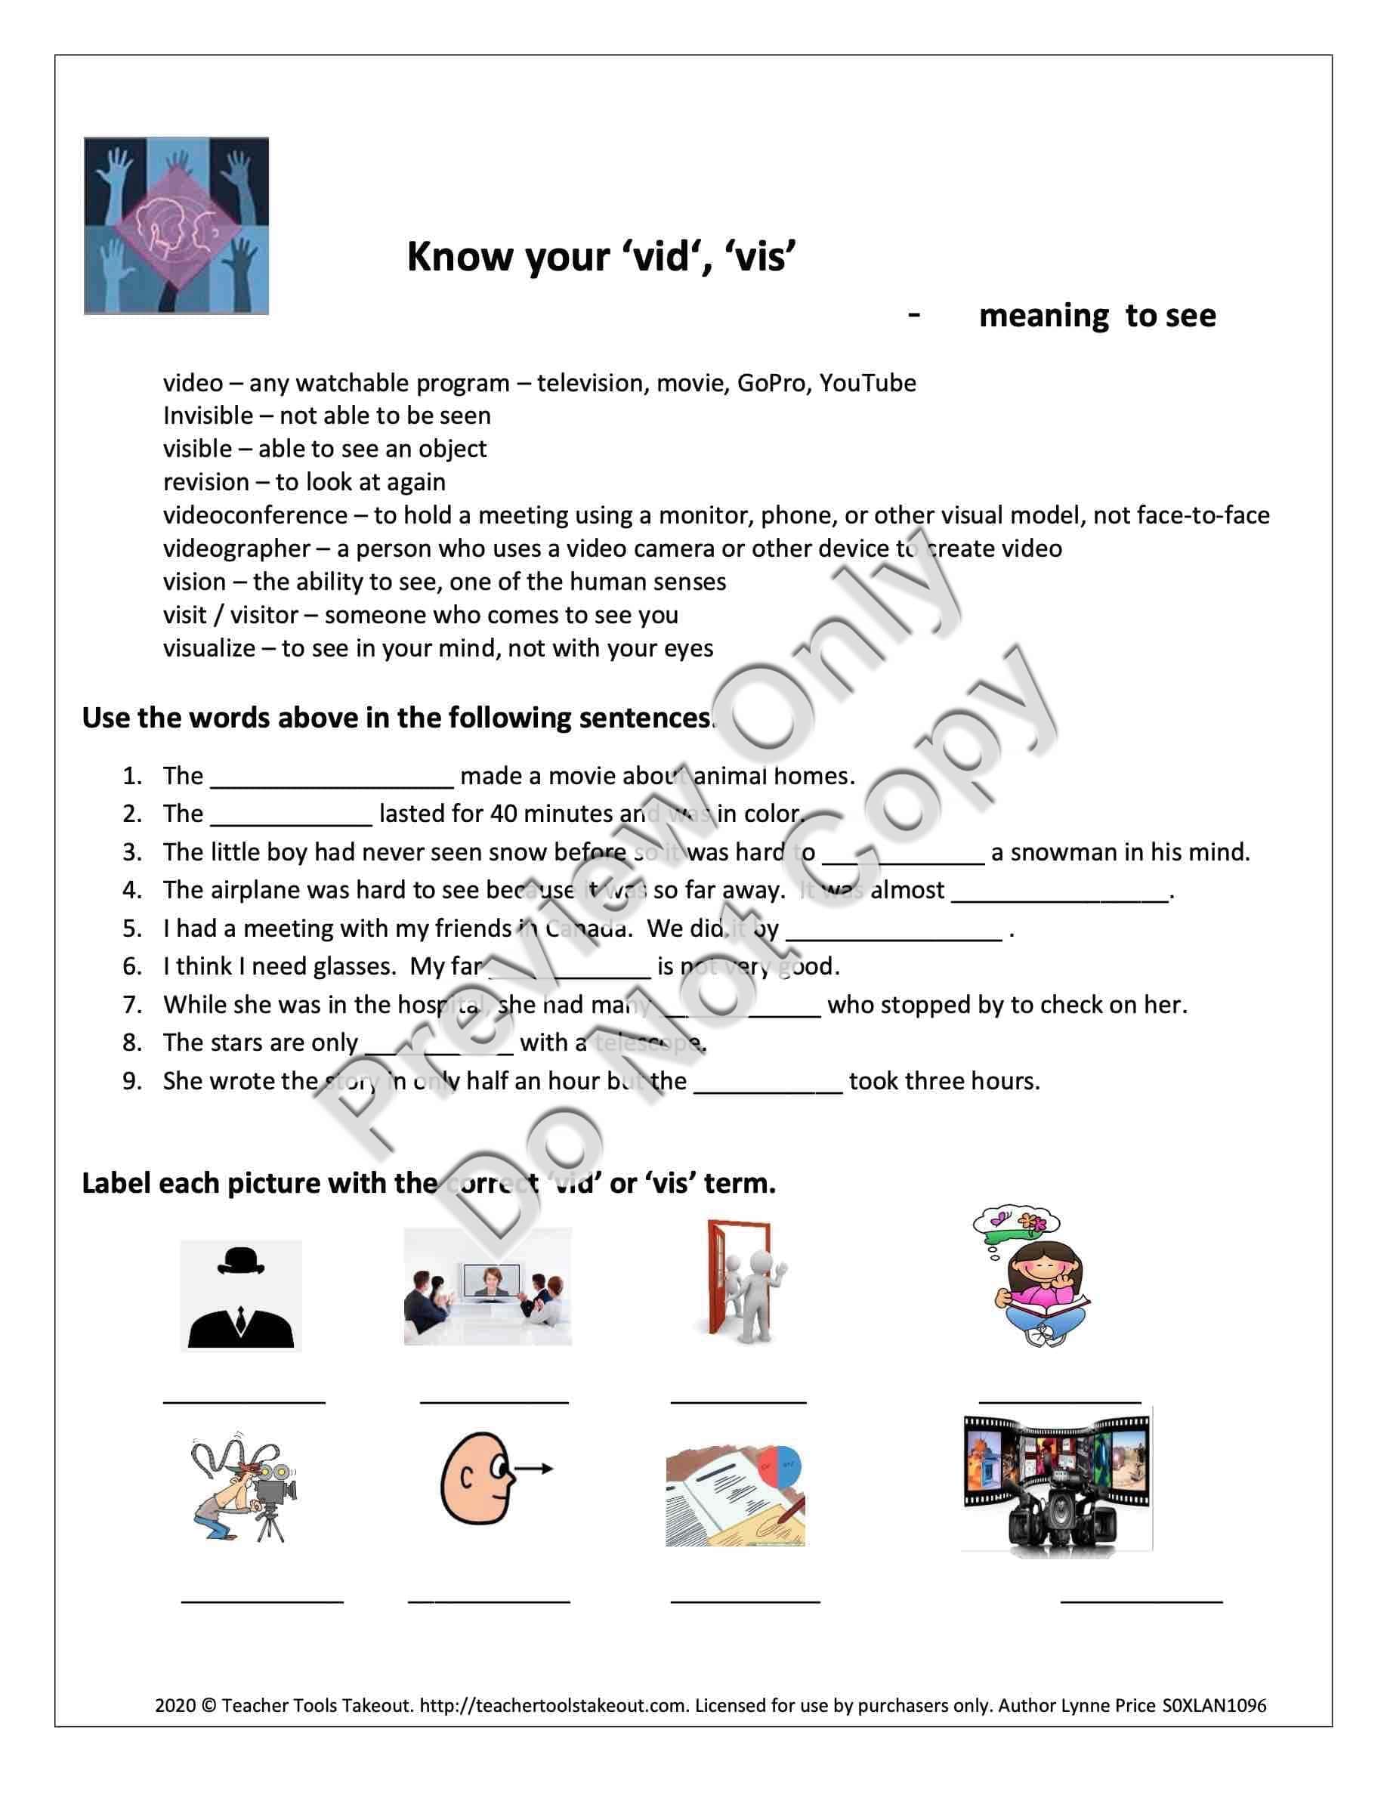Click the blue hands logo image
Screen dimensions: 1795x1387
point(176,225)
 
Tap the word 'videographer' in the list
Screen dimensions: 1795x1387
point(236,548)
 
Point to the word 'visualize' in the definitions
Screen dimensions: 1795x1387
point(209,648)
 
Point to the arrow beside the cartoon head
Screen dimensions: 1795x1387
point(534,1469)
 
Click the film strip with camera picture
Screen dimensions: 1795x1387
point(1056,1482)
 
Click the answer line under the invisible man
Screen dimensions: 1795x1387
point(244,1401)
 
